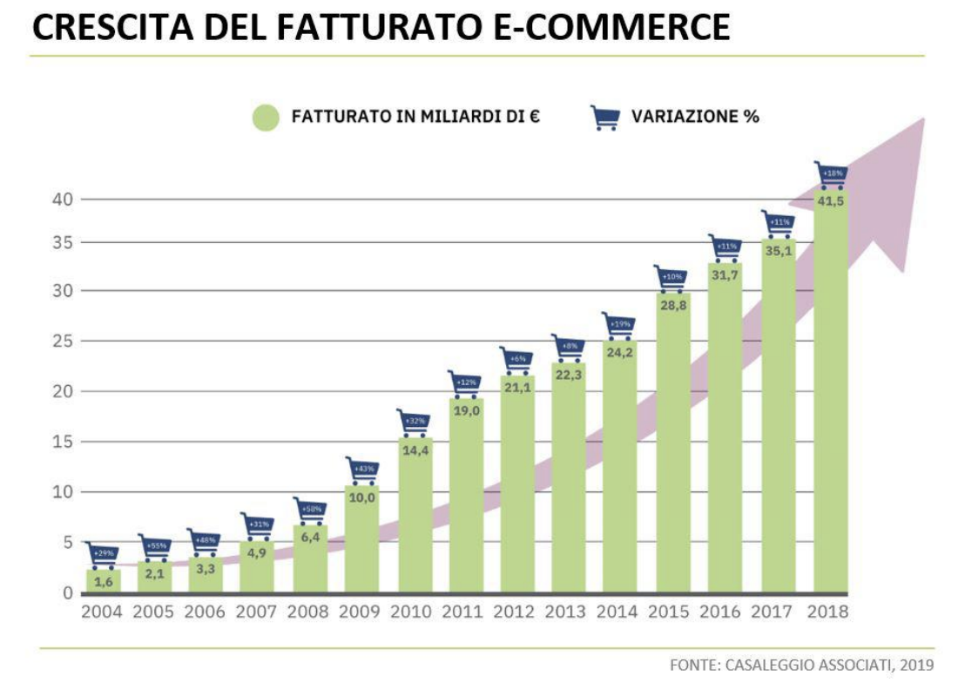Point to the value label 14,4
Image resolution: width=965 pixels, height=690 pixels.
pos(414,451)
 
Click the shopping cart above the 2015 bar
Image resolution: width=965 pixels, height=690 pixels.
pos(671,279)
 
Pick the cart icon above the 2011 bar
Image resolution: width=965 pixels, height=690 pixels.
pos(465,383)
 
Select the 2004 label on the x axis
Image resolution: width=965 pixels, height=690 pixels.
pos(102,612)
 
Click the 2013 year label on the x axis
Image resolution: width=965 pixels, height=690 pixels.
pos(567,612)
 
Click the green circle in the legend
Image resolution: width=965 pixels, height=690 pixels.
pos(265,117)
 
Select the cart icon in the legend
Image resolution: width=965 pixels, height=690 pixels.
pos(604,117)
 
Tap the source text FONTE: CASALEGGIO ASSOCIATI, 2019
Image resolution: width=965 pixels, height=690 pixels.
pos(801,665)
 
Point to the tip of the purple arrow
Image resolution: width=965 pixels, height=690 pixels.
pos(921,119)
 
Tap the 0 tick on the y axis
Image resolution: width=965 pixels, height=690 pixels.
pos(67,593)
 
